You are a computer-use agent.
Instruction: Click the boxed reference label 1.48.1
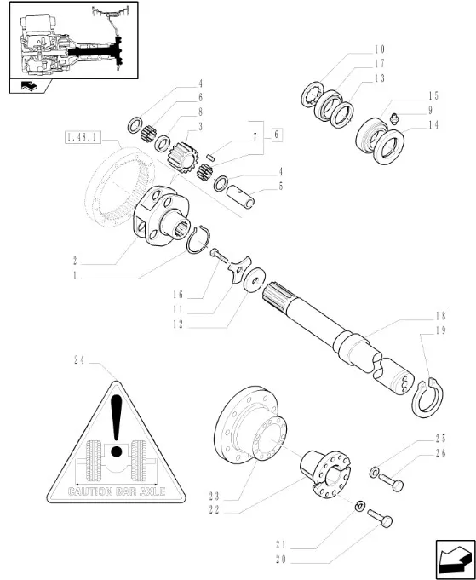(83, 138)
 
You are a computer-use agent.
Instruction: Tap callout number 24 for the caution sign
(79, 360)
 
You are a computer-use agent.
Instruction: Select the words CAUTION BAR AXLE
(117, 491)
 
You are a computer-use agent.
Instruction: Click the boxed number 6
(276, 135)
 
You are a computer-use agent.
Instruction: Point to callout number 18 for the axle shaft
(441, 316)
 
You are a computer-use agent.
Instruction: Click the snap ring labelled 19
(427, 397)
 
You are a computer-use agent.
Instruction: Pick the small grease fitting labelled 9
(395, 118)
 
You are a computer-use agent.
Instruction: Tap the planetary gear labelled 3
(183, 158)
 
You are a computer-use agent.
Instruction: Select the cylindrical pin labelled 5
(240, 197)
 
